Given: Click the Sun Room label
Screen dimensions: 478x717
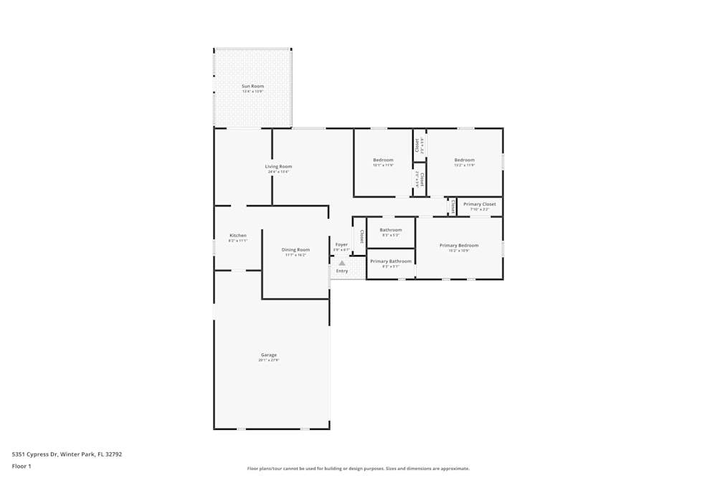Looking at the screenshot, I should pyautogui.click(x=252, y=86).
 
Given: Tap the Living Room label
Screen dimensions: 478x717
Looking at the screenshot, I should pyautogui.click(x=278, y=166).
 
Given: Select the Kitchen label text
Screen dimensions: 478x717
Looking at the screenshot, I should pyautogui.click(x=238, y=235).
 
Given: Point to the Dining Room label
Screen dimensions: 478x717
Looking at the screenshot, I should pyautogui.click(x=295, y=249).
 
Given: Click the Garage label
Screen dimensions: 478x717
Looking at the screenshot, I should pyautogui.click(x=269, y=355).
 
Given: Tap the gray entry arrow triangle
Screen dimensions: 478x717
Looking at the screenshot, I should pyautogui.click(x=342, y=263).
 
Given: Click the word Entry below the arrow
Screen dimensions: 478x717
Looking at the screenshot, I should pyautogui.click(x=342, y=271).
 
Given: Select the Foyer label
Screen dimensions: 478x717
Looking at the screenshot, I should pyautogui.click(x=342, y=244).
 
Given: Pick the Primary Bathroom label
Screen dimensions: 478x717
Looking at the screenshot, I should pyautogui.click(x=391, y=261).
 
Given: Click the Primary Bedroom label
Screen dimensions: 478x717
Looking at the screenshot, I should pyautogui.click(x=459, y=245).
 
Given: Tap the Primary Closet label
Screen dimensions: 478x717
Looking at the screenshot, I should pyautogui.click(x=480, y=204).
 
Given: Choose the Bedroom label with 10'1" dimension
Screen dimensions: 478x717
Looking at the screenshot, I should pyautogui.click(x=383, y=160).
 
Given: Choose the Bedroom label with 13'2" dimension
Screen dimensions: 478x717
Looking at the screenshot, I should pyautogui.click(x=464, y=160).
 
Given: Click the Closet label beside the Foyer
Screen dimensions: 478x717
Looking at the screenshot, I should pyautogui.click(x=361, y=236).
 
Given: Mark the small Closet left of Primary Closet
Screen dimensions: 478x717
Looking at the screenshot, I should pyautogui.click(x=452, y=206).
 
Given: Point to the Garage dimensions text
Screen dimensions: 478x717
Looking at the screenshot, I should pyautogui.click(x=269, y=360).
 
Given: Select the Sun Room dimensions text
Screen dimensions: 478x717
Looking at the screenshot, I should pyautogui.click(x=252, y=92).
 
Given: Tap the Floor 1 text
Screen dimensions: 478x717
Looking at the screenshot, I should pyautogui.click(x=22, y=466).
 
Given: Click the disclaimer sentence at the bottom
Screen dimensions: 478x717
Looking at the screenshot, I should pyautogui.click(x=358, y=469).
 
